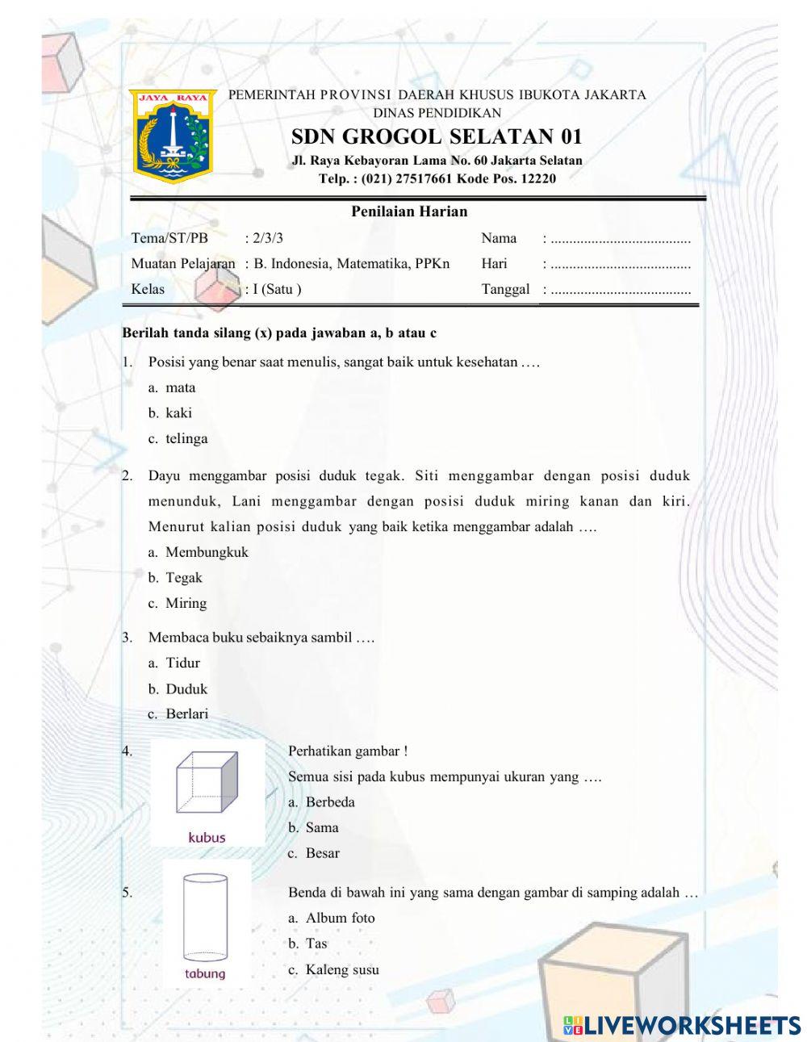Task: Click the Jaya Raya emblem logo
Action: (x=173, y=136)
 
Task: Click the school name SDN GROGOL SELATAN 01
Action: (x=437, y=136)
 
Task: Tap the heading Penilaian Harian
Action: (x=409, y=211)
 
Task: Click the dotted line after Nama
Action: (x=620, y=239)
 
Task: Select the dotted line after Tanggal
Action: (x=620, y=291)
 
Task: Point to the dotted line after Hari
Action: (x=620, y=265)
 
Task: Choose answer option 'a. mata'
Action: (x=172, y=387)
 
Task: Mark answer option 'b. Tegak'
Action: (x=175, y=578)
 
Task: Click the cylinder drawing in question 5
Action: (x=204, y=918)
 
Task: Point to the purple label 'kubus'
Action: (x=207, y=837)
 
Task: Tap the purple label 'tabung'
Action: (x=205, y=973)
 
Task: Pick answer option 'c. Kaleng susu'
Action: (x=333, y=969)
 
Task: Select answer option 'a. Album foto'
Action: (x=331, y=918)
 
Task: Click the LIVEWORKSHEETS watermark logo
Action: (x=682, y=1025)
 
